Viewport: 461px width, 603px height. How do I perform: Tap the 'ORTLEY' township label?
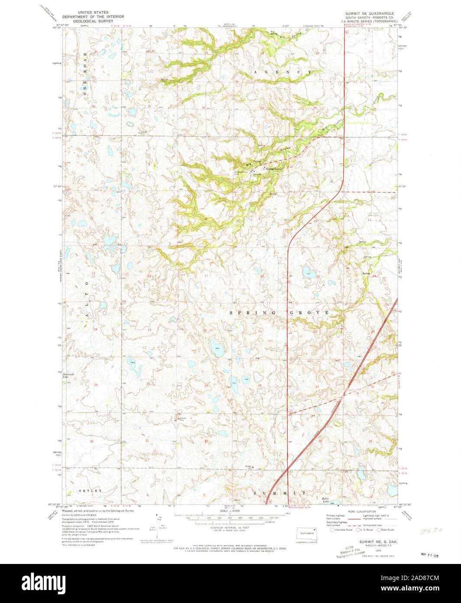tap(91, 491)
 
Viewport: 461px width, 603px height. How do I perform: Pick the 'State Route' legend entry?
tap(386, 530)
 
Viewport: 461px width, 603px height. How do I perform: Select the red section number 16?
tap(262, 275)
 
